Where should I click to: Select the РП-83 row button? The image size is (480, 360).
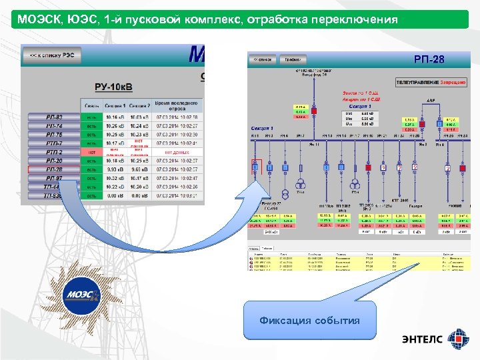tap(54, 117)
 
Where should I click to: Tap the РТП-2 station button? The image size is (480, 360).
tap(54, 152)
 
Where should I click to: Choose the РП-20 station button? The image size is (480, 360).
tap(54, 161)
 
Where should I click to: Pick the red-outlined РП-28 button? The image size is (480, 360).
tap(54, 169)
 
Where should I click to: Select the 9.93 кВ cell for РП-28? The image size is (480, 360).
tap(116, 169)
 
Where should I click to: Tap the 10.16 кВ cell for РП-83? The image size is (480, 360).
tap(116, 117)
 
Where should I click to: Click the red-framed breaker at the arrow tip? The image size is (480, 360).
tap(255, 167)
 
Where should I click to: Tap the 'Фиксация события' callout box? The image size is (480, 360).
tap(309, 321)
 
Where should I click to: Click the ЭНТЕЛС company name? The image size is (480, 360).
tap(421, 339)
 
